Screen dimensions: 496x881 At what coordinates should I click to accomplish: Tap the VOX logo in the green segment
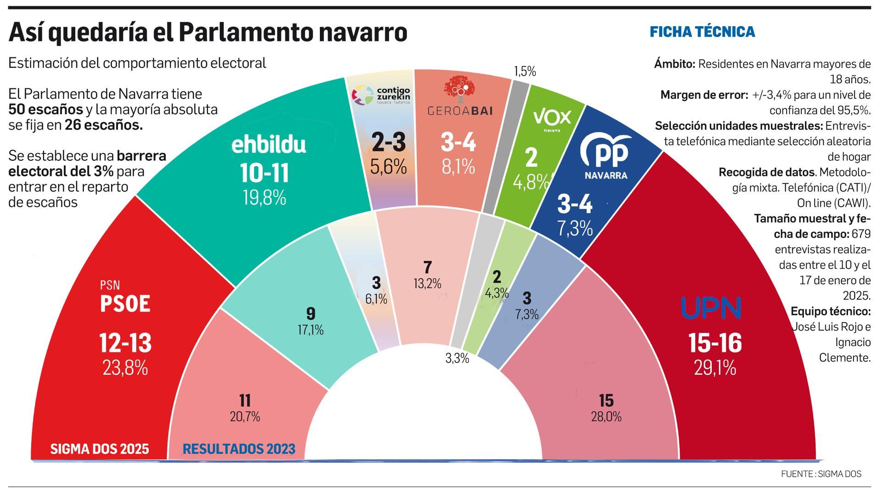552,118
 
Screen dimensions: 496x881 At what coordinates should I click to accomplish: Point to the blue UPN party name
711,309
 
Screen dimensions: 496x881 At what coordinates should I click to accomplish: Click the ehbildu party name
268,145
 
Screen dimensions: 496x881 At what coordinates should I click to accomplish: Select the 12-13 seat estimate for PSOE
125,344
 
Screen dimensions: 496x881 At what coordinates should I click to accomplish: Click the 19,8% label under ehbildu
265,198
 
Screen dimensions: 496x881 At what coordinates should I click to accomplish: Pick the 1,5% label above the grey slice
524,71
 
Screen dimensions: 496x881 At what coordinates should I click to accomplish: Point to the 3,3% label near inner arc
457,358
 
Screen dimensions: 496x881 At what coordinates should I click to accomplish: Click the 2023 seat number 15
606,400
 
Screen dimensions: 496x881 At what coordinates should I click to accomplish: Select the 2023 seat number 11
245,400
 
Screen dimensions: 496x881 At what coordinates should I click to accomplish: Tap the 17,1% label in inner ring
311,330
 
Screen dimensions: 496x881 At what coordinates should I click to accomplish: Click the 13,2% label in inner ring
427,284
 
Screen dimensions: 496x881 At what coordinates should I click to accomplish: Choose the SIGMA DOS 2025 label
100,449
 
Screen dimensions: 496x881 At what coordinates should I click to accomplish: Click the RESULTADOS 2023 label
239,449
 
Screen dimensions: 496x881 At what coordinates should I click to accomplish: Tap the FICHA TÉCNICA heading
702,32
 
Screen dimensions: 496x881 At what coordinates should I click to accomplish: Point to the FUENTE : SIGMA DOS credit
821,474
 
